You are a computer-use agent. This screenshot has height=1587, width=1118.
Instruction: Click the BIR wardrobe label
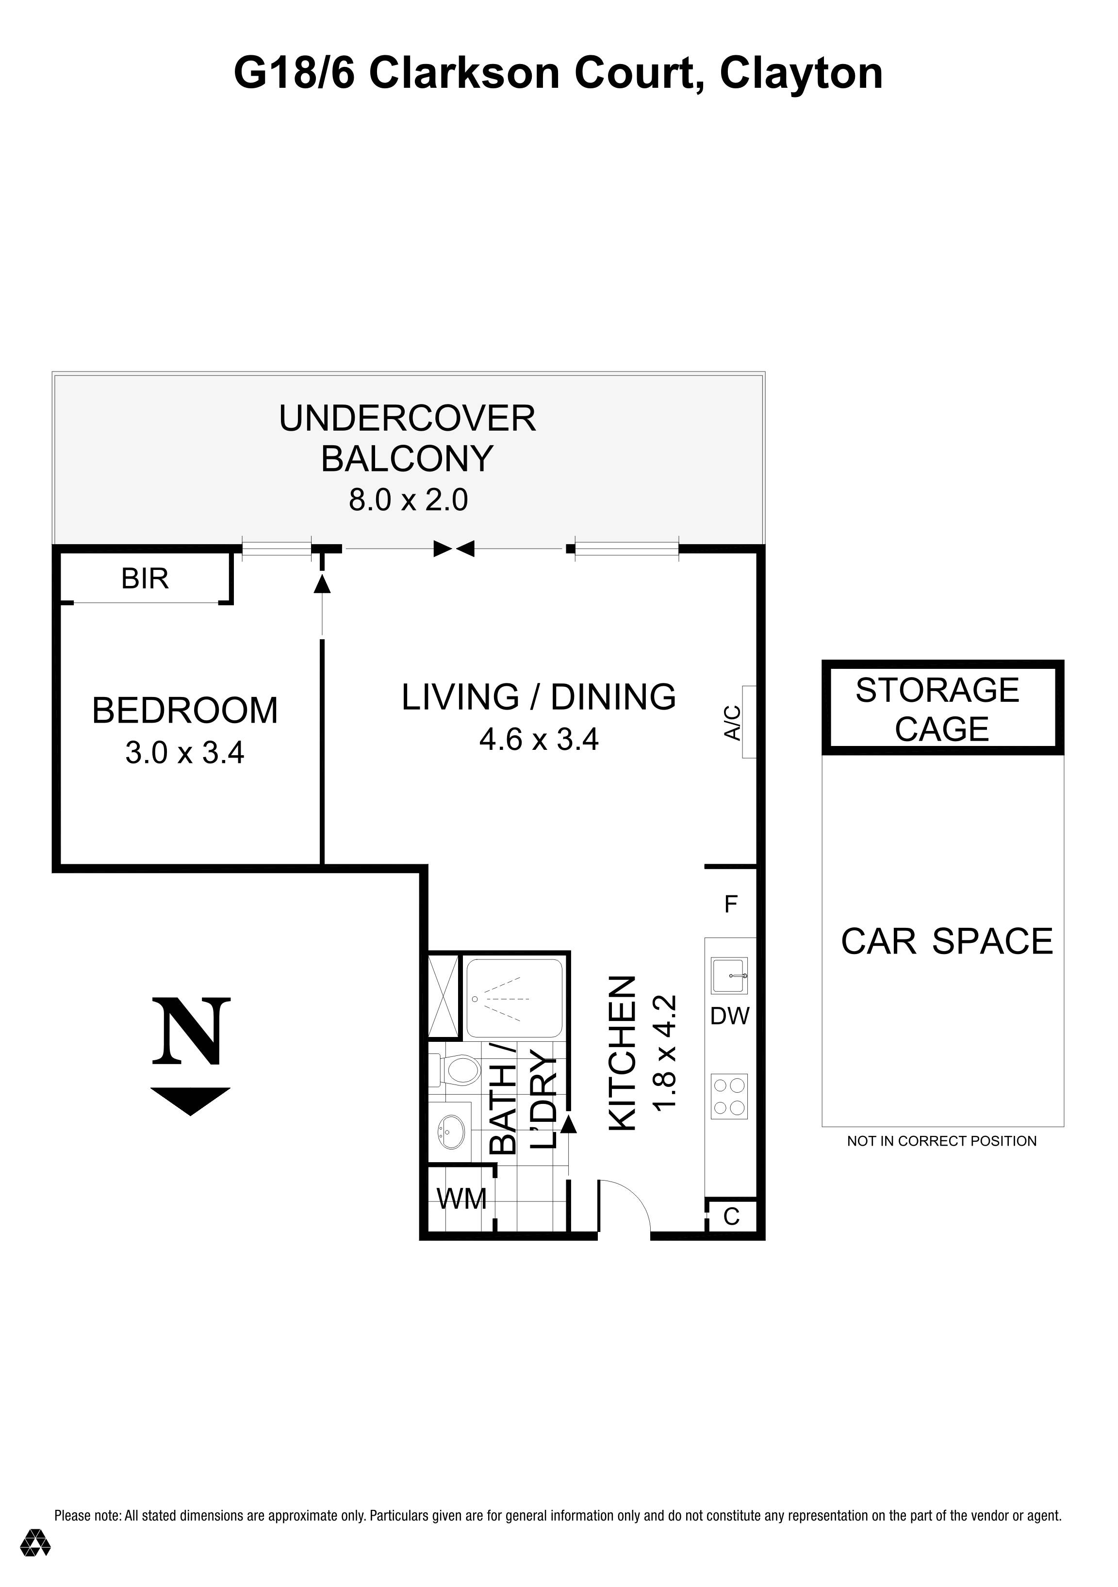coord(145,579)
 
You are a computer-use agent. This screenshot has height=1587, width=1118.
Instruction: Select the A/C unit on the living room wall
coord(748,722)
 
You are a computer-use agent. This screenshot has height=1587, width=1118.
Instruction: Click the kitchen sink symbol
coord(729,975)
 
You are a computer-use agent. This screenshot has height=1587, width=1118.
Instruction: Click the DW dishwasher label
coord(729,1016)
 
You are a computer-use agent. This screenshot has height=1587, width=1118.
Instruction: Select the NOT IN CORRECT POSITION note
coord(942,1141)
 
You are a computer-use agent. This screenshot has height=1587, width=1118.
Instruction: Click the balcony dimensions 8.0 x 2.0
coord(408,499)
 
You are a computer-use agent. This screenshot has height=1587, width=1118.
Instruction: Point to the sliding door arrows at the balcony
coord(454,549)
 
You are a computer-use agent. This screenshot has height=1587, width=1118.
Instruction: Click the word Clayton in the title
coord(801,73)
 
